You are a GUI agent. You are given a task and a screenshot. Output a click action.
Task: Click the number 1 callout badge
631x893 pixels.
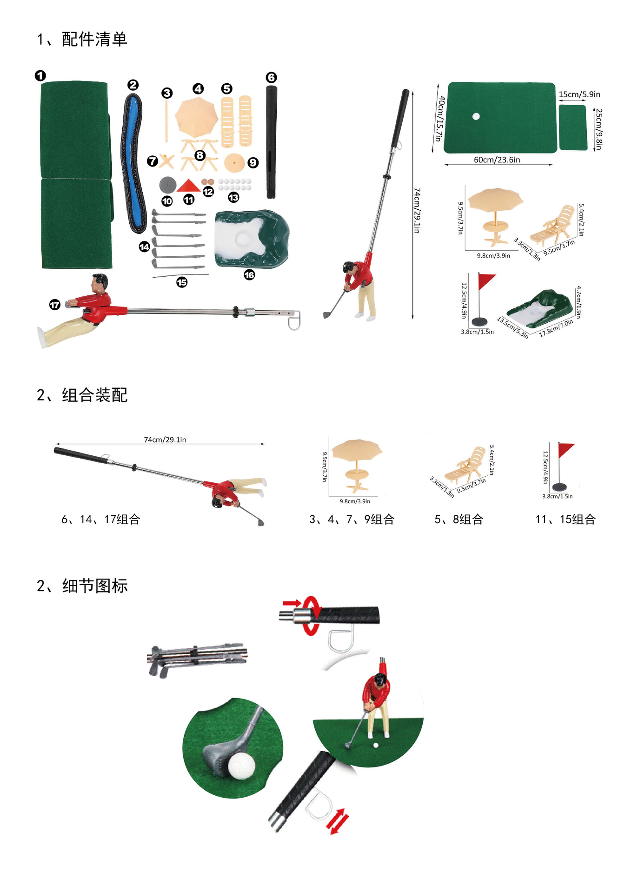pyautogui.click(x=40, y=75)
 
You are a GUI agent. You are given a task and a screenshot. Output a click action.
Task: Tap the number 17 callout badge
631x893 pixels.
pyautogui.click(x=55, y=305)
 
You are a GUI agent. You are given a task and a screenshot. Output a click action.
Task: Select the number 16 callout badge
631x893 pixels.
pyautogui.click(x=249, y=275)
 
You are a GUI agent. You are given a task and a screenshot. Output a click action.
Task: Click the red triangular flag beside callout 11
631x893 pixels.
pyautogui.click(x=188, y=186)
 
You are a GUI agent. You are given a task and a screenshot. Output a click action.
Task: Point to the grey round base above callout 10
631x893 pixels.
pyautogui.click(x=167, y=185)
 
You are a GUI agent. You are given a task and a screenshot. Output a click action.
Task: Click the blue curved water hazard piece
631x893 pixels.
pyautogui.click(x=133, y=163)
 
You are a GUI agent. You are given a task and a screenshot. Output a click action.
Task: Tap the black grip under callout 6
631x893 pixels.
pyautogui.click(x=271, y=142)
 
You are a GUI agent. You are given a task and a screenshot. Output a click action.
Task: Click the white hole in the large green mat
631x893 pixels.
pyautogui.click(x=476, y=116)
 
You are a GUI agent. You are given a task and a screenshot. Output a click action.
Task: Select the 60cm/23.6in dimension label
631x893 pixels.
pyautogui.click(x=497, y=160)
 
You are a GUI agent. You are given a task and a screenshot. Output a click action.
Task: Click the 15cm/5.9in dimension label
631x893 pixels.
pyautogui.click(x=579, y=94)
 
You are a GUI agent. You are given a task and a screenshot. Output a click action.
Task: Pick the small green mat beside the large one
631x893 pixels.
pyautogui.click(x=573, y=127)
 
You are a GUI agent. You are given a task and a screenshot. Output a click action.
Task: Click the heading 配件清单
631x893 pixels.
pyautogui.click(x=94, y=40)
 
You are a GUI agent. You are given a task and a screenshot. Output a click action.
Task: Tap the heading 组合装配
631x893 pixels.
pyautogui.click(x=94, y=395)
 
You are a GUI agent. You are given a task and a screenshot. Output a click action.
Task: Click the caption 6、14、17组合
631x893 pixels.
pyautogui.click(x=100, y=519)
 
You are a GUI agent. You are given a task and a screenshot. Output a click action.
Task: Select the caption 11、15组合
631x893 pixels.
pyautogui.click(x=565, y=519)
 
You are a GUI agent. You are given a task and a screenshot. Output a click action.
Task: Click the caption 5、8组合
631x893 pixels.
pyautogui.click(x=458, y=519)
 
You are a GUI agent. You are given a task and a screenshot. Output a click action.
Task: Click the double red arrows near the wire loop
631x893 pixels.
pyautogui.click(x=337, y=821)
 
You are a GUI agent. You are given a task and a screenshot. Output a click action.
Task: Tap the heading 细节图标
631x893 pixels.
pyautogui.click(x=95, y=586)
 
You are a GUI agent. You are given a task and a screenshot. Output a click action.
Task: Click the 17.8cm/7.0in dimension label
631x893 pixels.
pyautogui.click(x=556, y=327)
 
